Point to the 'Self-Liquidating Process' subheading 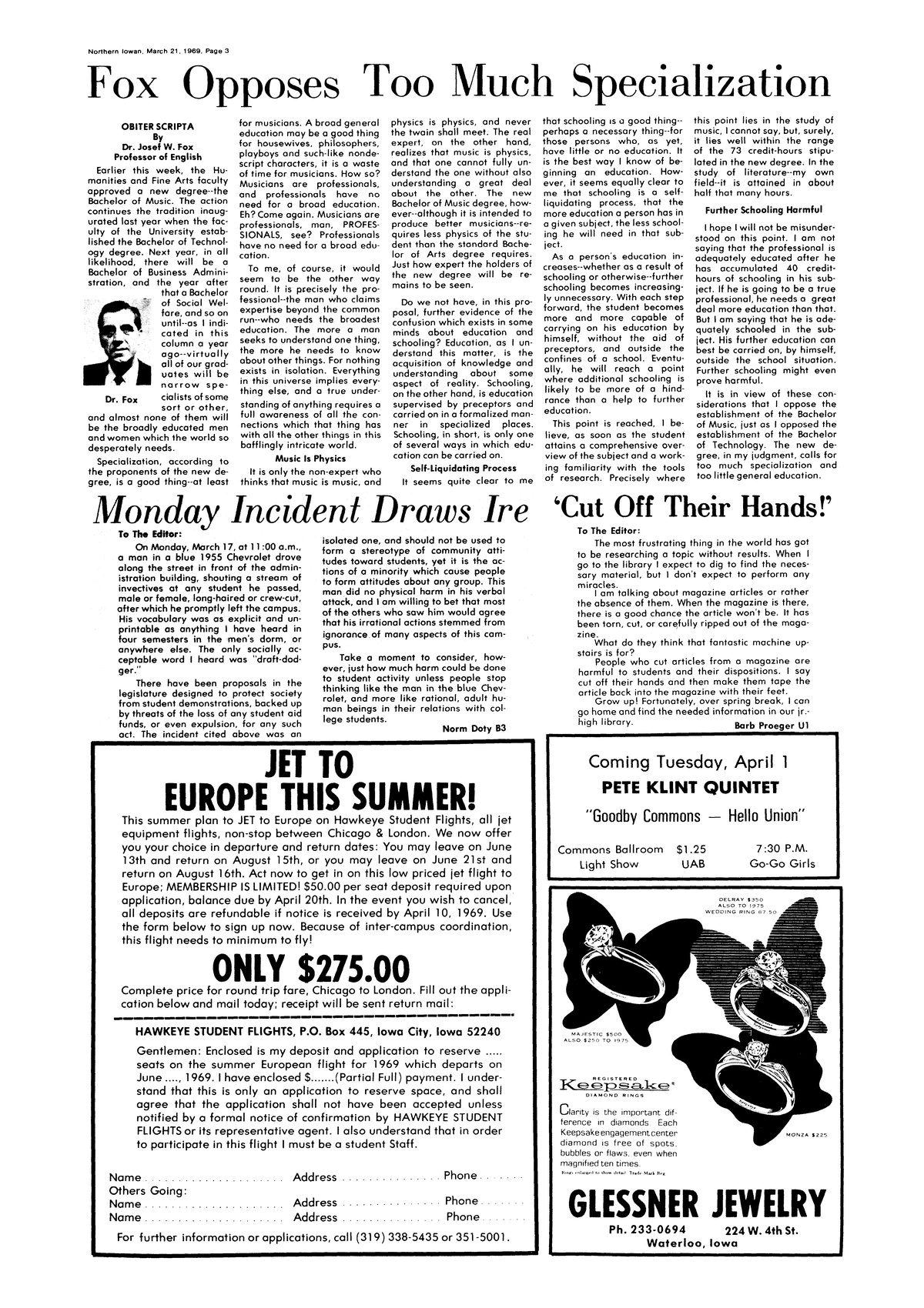click(463, 468)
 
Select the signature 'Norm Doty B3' click(474, 728)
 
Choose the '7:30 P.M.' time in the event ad click(781, 849)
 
